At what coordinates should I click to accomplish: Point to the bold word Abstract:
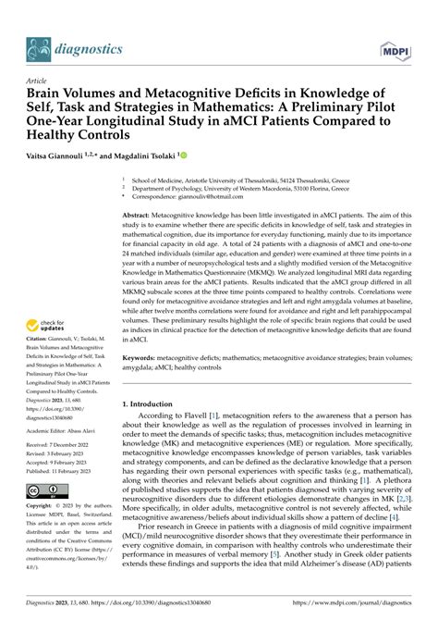143,214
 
